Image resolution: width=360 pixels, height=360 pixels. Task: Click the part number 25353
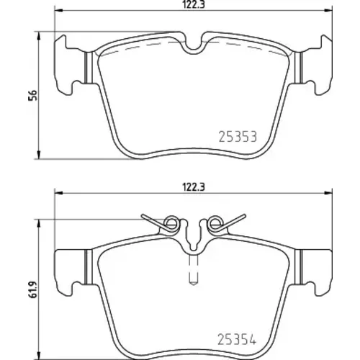pos(238,137)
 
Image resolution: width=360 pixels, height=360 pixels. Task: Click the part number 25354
pos(237,339)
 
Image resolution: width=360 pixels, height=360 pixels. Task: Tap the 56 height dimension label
pos(32,95)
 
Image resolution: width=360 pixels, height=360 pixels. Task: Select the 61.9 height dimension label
pos(32,290)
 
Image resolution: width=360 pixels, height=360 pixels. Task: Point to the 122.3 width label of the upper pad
pos(193,5)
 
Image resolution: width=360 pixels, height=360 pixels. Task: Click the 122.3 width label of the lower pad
pos(194,186)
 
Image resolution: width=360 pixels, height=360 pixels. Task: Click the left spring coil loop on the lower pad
pos(171,224)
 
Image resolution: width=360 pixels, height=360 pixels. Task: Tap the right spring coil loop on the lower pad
pos(215,224)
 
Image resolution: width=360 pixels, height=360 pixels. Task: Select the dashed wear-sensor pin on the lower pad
pos(193,270)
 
